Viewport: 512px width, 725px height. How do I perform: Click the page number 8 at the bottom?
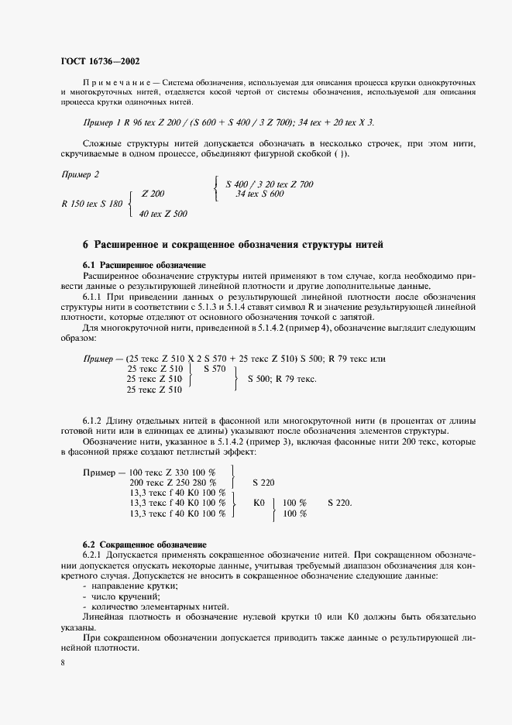tap(62, 663)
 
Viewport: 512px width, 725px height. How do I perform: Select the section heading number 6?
tap(86, 245)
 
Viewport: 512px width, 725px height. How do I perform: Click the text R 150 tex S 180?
tap(91, 204)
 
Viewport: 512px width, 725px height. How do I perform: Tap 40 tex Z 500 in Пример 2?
tap(163, 213)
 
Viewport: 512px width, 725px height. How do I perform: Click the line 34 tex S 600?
tap(259, 194)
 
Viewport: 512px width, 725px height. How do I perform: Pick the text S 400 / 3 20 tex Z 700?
tap(270, 184)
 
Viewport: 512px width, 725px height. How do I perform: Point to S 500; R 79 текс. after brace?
tap(282, 380)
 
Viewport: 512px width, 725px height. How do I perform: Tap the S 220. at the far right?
tap(339, 502)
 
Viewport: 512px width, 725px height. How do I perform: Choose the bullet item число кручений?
tap(119, 596)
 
